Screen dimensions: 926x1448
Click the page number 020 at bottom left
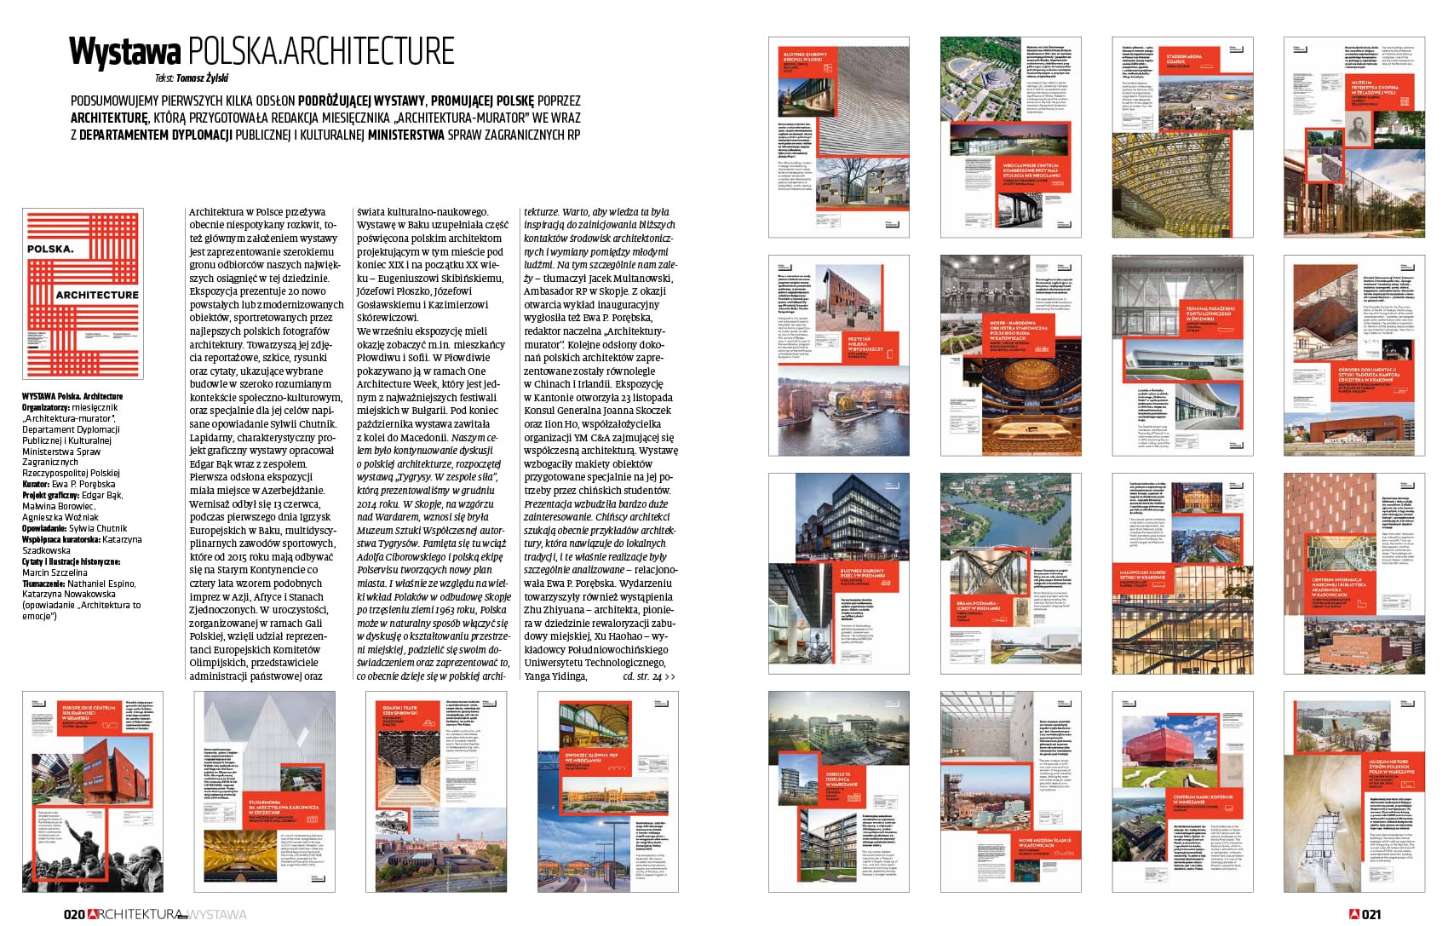pyautogui.click(x=74, y=914)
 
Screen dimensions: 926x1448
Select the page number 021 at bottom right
pyautogui.click(x=1370, y=914)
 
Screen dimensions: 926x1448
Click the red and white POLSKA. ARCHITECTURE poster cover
pyautogui.click(x=83, y=293)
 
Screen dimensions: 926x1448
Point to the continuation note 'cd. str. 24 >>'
pyautogui.click(x=648, y=676)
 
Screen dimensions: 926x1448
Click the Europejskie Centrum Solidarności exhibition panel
pyautogui.click(x=93, y=791)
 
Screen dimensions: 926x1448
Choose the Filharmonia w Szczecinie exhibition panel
pyautogui.click(x=265, y=791)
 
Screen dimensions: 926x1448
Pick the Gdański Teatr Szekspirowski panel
pyautogui.click(x=436, y=791)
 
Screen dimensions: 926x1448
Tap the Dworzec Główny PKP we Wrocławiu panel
pyautogui.click(x=608, y=791)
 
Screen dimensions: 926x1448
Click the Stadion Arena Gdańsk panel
pyautogui.click(x=1182, y=137)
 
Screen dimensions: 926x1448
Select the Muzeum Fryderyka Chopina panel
pyautogui.click(x=1353, y=137)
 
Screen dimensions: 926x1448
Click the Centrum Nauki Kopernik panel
pyautogui.click(x=1182, y=791)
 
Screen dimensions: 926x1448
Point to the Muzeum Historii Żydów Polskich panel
pyautogui.click(x=1353, y=791)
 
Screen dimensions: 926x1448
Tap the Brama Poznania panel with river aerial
pyautogui.click(x=1010, y=573)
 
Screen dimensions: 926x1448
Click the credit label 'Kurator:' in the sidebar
pyautogui.click(x=37, y=485)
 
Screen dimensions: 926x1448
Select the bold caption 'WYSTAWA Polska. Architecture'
pyautogui.click(x=72, y=396)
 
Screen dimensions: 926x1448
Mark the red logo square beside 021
pyautogui.click(x=1354, y=914)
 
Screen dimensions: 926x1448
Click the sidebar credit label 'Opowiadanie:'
pyautogui.click(x=44, y=529)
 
